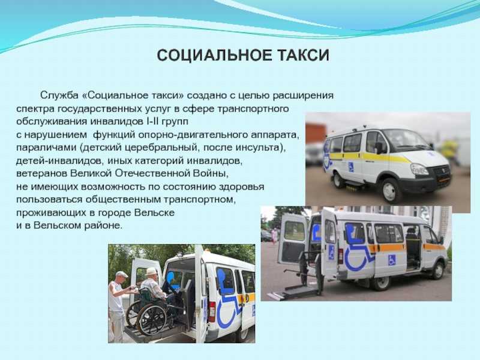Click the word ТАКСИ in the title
(x=303, y=55)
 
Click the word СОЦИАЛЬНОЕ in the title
(x=214, y=55)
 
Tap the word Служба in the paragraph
(x=59, y=95)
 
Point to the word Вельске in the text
(x=154, y=212)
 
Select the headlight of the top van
(x=419, y=169)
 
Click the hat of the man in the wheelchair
(x=151, y=272)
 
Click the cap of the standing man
(x=122, y=274)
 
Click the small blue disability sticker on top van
(x=351, y=167)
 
